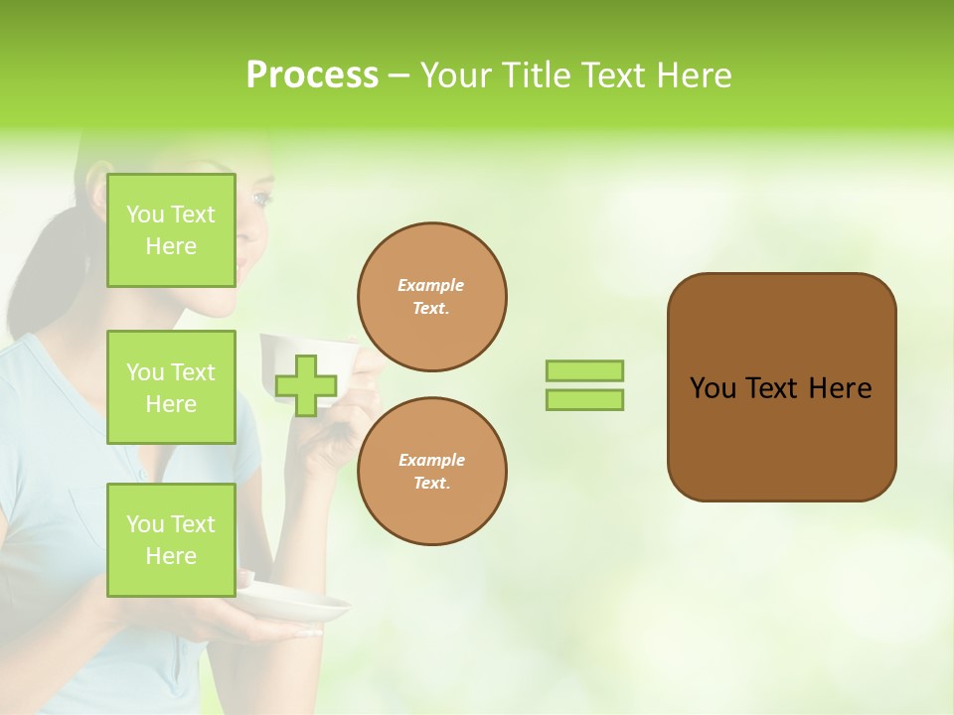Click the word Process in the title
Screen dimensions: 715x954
(312, 75)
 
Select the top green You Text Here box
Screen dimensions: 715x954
(171, 230)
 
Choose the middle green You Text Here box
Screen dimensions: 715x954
(171, 387)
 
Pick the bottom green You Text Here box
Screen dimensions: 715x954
(171, 540)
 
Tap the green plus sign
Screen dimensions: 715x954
(306, 385)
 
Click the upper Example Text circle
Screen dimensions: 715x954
(431, 297)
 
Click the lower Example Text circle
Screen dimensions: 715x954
(431, 472)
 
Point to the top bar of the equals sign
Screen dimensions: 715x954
(584, 370)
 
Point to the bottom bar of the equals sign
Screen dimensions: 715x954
(584, 400)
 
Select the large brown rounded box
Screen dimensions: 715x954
(781, 387)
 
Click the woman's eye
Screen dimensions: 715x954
(261, 199)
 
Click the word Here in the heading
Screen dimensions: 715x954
(696, 75)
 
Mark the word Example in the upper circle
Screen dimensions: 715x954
(431, 285)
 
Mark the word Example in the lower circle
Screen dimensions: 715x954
(431, 460)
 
